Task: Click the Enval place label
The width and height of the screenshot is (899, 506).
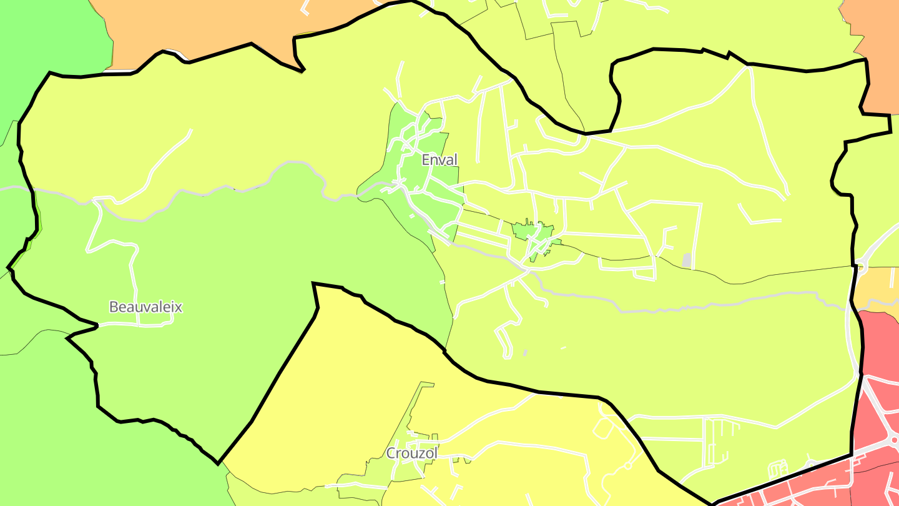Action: (440, 160)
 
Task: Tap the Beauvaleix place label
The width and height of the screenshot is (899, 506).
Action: (145, 307)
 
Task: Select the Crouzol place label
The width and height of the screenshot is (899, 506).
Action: (411, 453)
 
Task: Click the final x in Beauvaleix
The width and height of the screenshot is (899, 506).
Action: (179, 307)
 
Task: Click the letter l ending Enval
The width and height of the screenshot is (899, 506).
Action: (456, 160)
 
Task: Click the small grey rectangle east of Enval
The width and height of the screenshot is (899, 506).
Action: (687, 260)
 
